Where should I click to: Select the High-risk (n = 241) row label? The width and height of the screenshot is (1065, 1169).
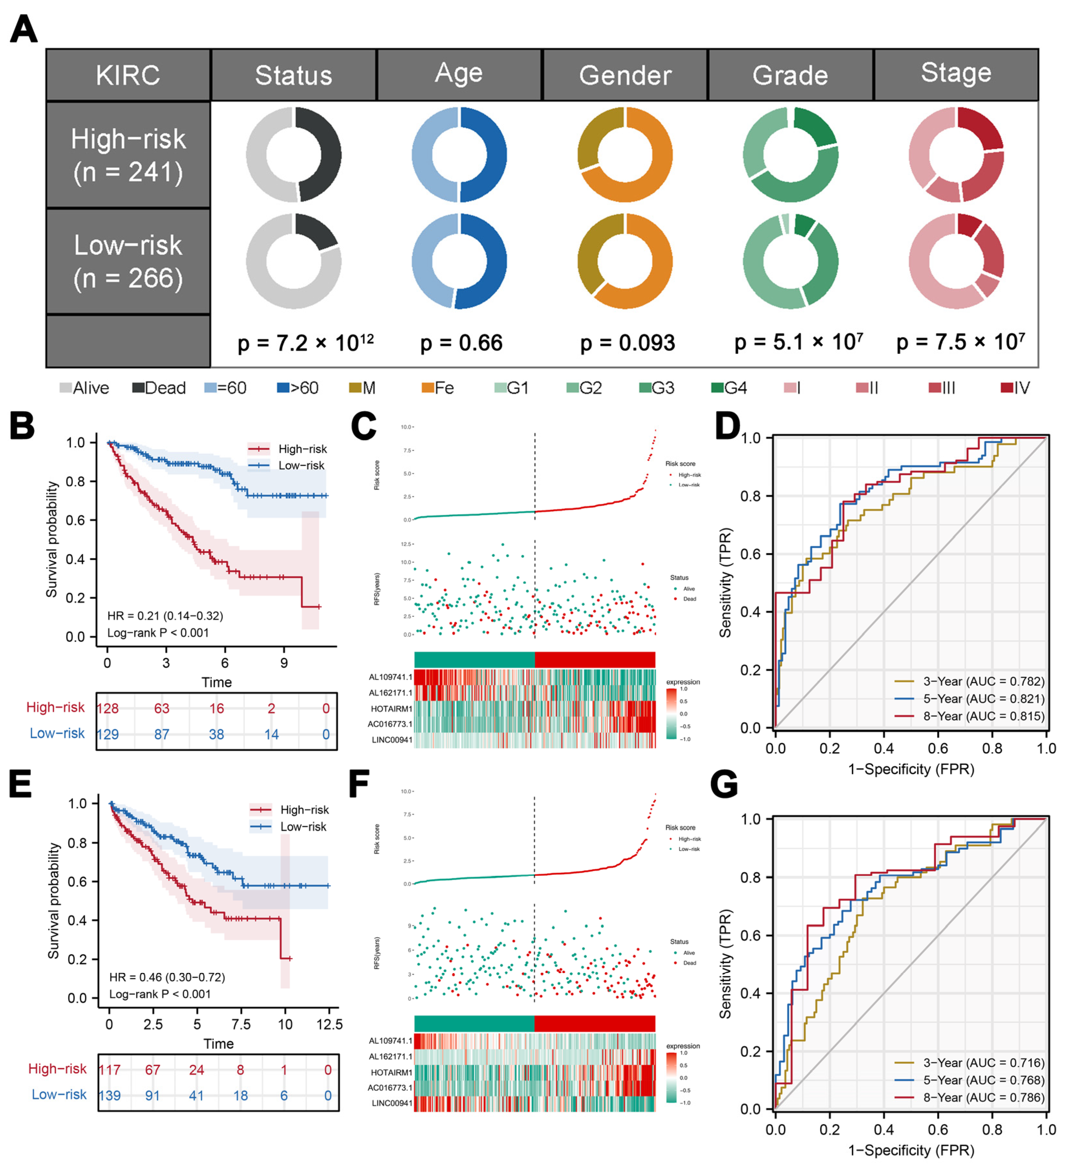[128, 155]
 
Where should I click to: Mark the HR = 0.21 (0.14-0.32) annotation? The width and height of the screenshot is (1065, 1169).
[165, 616]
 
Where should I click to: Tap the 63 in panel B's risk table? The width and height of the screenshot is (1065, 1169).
[162, 708]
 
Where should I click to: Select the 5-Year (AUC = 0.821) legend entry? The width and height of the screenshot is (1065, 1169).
[983, 699]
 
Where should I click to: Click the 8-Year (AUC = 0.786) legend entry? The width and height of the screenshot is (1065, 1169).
[983, 1098]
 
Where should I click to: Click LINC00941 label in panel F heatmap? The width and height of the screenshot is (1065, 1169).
[392, 1103]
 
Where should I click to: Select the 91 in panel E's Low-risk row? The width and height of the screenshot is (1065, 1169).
[153, 1095]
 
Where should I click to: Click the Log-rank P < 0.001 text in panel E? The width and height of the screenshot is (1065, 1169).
[160, 994]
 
